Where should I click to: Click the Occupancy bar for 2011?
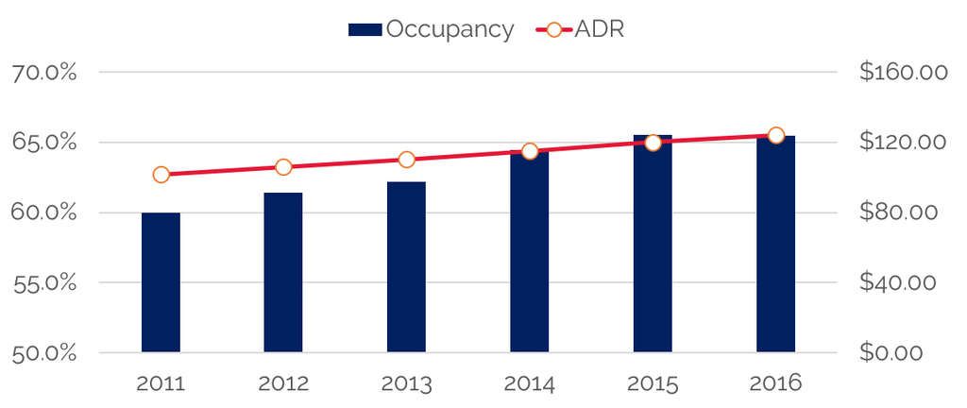point(161,282)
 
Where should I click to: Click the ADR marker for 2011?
point(161,175)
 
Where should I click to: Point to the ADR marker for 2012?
point(283,167)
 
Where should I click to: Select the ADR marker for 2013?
point(406,160)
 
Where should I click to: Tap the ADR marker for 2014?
point(530,151)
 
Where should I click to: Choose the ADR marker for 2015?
point(653,143)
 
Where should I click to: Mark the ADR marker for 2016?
point(775,135)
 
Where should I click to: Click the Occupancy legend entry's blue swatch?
point(365,29)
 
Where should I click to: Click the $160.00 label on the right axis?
point(903,73)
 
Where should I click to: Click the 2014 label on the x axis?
point(530,384)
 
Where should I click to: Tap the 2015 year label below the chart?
point(653,384)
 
